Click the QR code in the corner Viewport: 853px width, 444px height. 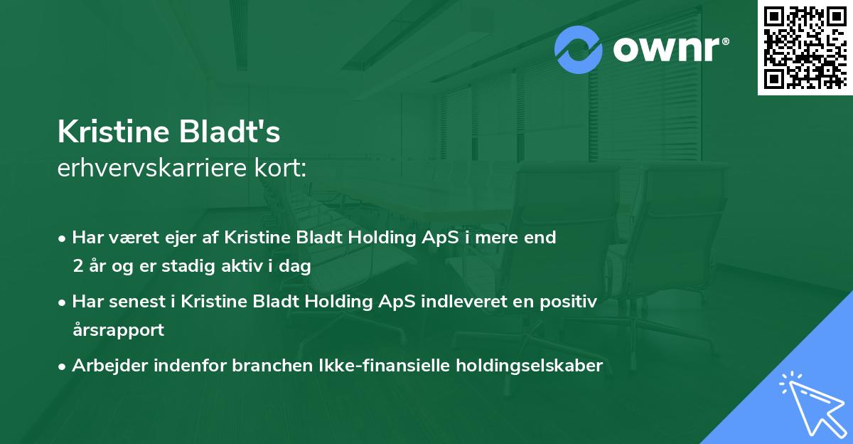pyautogui.click(x=805, y=47)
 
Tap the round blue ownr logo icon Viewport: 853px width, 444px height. pyautogui.click(x=579, y=49)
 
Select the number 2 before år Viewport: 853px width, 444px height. pyautogui.click(x=77, y=266)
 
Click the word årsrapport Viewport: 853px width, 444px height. pyautogui.click(x=118, y=330)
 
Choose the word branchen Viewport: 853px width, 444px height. pyautogui.click(x=249, y=366)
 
